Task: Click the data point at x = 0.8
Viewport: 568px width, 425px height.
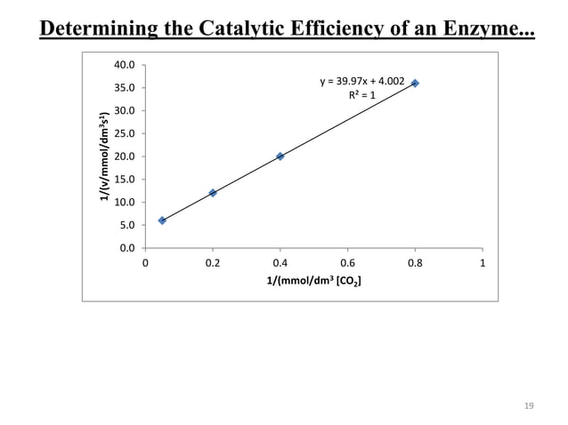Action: [x=415, y=84]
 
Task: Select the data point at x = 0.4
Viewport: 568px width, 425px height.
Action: [x=280, y=156]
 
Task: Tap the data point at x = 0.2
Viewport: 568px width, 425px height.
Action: [x=213, y=193]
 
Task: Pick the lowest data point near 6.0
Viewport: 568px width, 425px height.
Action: [x=162, y=221]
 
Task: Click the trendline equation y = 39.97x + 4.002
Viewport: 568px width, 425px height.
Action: [x=362, y=82]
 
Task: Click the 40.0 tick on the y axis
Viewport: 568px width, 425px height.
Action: [x=125, y=65]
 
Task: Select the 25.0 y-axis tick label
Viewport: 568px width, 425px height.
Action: [x=125, y=133]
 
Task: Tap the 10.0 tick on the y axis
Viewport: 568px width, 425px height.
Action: [x=125, y=202]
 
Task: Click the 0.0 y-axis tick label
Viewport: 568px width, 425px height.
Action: [x=126, y=248]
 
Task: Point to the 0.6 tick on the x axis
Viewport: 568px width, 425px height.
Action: [x=347, y=263]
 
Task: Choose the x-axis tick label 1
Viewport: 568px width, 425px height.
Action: [x=482, y=263]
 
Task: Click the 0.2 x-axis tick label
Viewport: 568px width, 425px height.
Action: [x=213, y=263]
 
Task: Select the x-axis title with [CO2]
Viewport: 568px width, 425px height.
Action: [x=313, y=283]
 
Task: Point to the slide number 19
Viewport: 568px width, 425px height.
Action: [x=528, y=405]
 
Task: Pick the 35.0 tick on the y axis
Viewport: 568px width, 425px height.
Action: [x=125, y=88]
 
